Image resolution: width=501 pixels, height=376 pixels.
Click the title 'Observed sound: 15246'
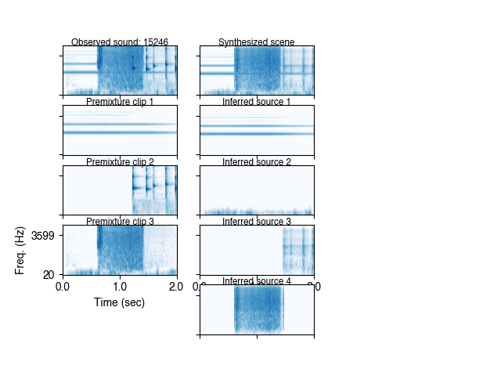point(120,42)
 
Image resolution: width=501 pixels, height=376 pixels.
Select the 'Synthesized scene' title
point(257,42)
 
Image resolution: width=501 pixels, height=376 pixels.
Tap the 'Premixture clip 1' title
point(120,102)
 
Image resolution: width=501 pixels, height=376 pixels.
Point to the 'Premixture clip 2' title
point(120,162)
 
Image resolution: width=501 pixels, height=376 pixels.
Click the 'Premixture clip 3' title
point(120,222)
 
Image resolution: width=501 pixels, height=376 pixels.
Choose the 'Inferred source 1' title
point(257,102)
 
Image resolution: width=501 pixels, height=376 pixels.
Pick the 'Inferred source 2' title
point(257,162)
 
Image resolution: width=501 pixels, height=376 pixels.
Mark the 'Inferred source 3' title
point(257,222)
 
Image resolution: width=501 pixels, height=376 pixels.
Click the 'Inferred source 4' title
point(257,281)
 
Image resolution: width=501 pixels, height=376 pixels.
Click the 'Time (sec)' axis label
point(120,302)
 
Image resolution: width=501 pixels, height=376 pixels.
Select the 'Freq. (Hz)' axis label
point(20,250)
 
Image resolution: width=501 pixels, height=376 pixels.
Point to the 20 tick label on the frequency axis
point(49,274)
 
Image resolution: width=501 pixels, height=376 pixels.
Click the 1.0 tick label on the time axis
point(120,287)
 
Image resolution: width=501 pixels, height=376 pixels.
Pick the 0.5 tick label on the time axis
point(91,287)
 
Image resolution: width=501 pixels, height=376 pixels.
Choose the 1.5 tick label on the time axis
point(149,287)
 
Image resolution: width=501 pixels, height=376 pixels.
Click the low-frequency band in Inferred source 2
point(257,211)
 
